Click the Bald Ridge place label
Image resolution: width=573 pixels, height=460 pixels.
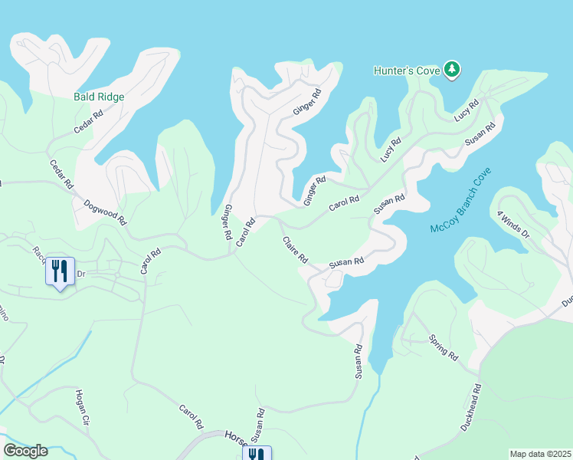click(x=99, y=97)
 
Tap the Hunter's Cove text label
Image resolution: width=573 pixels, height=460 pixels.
click(x=406, y=71)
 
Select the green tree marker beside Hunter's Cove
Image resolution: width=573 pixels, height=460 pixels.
click(x=452, y=71)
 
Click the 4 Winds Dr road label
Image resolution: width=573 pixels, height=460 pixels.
click(x=513, y=226)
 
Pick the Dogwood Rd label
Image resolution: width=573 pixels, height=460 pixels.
click(x=104, y=212)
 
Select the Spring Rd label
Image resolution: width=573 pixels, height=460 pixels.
click(x=443, y=348)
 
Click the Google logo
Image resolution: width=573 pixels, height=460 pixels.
click(x=25, y=451)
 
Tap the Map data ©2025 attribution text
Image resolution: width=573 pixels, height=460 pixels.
click(x=539, y=454)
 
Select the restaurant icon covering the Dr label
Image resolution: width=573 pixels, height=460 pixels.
click(x=60, y=271)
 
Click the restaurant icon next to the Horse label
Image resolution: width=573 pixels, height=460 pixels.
click(x=254, y=453)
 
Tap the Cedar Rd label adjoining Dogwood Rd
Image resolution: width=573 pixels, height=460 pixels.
click(x=61, y=174)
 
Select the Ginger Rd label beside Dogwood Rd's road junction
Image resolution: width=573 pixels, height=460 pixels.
click(x=228, y=223)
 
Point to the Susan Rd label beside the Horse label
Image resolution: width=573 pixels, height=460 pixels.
click(x=260, y=429)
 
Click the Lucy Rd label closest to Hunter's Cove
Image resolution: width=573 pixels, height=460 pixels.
click(x=467, y=109)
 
